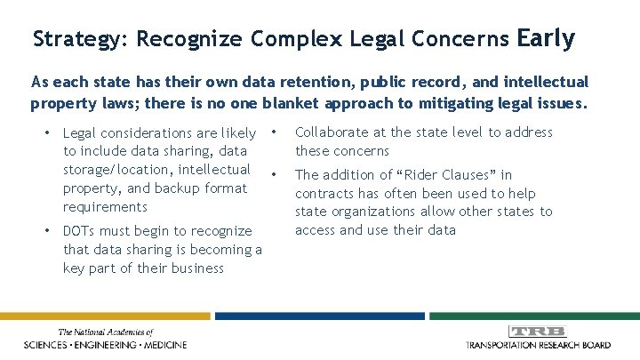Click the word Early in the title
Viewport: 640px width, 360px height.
545,39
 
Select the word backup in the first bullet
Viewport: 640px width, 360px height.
178,188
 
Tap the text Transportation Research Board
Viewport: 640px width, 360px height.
539,345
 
